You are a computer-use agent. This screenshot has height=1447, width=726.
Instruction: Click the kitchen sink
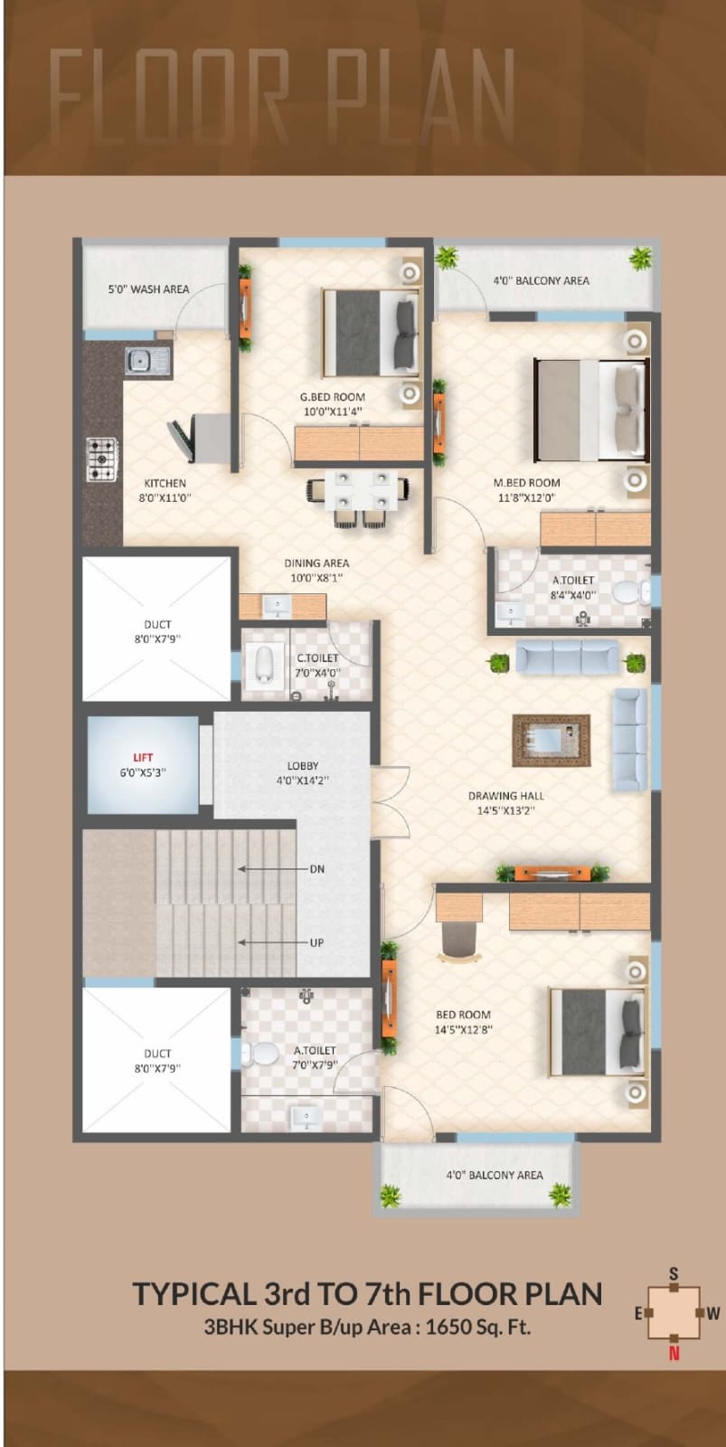click(148, 361)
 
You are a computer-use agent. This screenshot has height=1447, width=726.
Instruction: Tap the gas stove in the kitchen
click(103, 459)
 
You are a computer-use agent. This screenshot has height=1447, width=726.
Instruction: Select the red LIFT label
click(143, 757)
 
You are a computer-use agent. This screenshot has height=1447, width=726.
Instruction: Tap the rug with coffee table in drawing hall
click(551, 740)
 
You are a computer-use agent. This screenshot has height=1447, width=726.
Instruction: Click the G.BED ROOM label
click(333, 397)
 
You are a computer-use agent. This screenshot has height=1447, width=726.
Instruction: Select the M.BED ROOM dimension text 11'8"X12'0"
click(526, 497)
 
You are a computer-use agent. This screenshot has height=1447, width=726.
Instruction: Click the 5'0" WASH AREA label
click(148, 289)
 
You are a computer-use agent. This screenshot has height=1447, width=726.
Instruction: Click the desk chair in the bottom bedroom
click(459, 941)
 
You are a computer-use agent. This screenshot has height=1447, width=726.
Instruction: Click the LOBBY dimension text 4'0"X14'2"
click(303, 780)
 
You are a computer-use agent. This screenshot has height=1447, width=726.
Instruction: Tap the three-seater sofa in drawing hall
click(567, 657)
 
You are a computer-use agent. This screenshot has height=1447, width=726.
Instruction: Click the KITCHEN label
click(165, 483)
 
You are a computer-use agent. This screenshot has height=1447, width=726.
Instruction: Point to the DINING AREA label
click(316, 563)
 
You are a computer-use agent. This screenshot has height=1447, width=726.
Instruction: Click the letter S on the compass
click(674, 1273)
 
